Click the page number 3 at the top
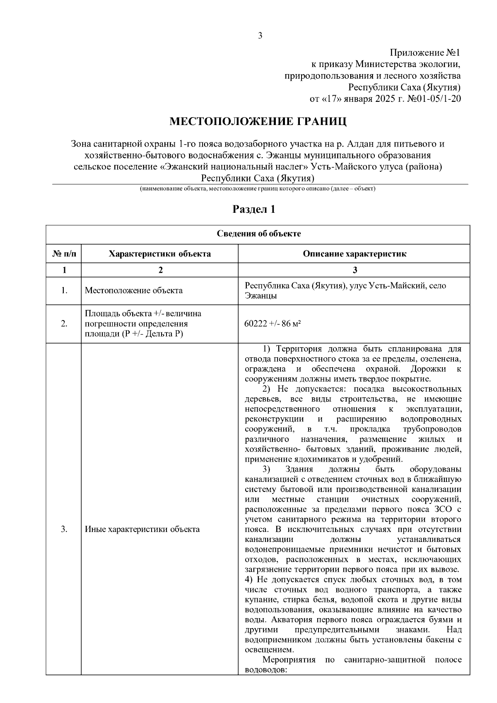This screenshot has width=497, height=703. (x=260, y=36)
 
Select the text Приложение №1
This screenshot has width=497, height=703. (x=425, y=53)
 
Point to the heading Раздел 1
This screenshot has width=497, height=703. (x=254, y=209)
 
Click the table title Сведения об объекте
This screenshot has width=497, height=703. (x=259, y=234)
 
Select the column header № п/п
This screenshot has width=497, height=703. (x=64, y=254)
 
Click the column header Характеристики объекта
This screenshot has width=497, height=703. (x=159, y=254)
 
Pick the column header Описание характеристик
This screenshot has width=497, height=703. (x=355, y=254)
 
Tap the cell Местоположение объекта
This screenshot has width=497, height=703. (x=134, y=291)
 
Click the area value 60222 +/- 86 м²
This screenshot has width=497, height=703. (x=273, y=324)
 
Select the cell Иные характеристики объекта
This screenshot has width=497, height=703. (x=142, y=530)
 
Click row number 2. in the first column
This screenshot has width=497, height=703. (x=64, y=324)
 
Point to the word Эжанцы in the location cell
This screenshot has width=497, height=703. (x=261, y=296)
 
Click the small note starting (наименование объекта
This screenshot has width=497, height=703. (x=257, y=189)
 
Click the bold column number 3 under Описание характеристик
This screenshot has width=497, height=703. (x=355, y=270)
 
